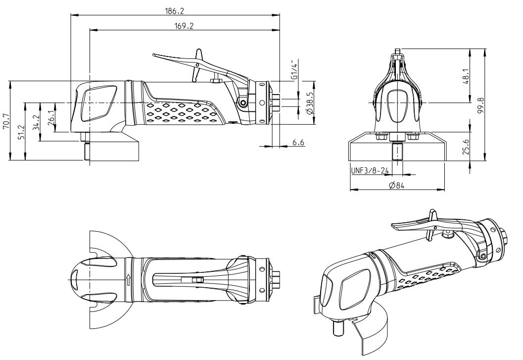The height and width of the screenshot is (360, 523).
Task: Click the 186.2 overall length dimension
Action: (x=175, y=10)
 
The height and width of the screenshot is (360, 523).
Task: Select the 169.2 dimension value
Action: (x=184, y=26)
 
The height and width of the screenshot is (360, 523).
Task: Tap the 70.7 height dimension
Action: (x=6, y=120)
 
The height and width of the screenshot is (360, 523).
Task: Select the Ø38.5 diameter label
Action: (x=310, y=103)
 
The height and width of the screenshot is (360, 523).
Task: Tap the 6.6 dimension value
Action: (x=298, y=143)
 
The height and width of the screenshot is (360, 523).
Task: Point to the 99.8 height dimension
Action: (x=481, y=105)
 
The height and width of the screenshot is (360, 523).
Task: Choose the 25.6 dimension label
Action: (x=466, y=147)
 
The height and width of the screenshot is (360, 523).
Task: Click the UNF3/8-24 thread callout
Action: (x=370, y=171)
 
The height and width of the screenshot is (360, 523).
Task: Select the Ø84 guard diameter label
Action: (x=397, y=185)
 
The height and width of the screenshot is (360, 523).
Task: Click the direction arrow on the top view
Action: (x=129, y=279)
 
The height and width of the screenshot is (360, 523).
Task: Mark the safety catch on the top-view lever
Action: (x=198, y=280)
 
